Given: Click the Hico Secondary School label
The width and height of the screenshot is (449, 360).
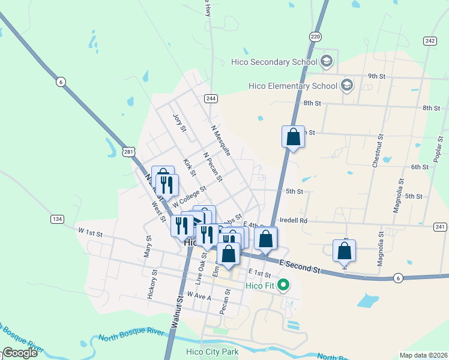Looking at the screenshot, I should click(x=274, y=62).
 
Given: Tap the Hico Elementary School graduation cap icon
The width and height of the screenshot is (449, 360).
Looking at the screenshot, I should click(x=346, y=85).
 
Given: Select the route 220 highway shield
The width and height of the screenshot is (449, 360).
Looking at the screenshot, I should click(x=316, y=37).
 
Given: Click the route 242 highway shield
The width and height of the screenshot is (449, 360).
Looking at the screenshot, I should click(x=429, y=41).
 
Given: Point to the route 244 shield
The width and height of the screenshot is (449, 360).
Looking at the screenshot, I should click(x=210, y=98).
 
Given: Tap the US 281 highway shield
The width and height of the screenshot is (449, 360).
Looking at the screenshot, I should click(x=129, y=152).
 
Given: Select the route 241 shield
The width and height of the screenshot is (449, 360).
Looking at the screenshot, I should click(x=440, y=226).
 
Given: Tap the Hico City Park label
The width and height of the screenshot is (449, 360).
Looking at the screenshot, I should click(x=212, y=352).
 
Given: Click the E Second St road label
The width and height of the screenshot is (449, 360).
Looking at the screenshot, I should click(x=300, y=266).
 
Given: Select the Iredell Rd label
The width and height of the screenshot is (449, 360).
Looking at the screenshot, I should click(x=294, y=220).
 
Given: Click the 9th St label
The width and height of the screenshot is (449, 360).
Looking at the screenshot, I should click(x=376, y=76).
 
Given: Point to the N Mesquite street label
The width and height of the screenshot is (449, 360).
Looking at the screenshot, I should click(x=221, y=140).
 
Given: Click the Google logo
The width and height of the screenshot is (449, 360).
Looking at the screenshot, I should click(x=20, y=353).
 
